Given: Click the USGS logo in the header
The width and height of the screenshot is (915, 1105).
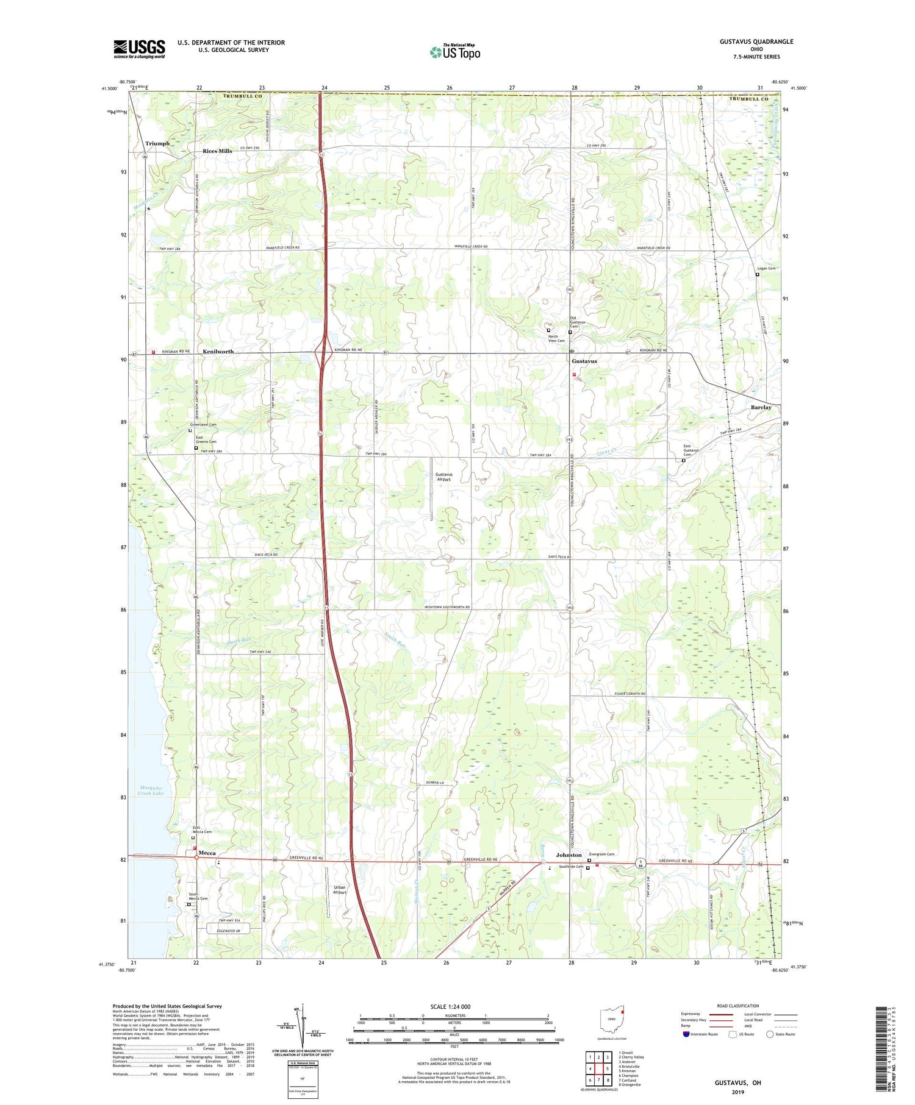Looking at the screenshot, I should point(139,49).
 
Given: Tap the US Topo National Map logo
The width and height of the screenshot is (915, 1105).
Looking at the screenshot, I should point(454,52).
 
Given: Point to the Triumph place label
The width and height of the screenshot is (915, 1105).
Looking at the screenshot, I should point(157,144).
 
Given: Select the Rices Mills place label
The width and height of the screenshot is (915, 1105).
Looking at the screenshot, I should point(217,151).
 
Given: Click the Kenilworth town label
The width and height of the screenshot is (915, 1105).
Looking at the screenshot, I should point(218,352).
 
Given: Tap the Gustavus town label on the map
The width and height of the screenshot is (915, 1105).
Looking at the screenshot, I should point(584,361).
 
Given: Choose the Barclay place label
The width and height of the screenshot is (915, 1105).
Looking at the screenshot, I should point(761,407).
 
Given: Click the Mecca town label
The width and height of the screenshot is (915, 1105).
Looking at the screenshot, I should point(207,853).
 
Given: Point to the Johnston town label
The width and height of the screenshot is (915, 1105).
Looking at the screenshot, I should point(569,855).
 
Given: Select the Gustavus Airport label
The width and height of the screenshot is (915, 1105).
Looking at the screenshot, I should point(443,477).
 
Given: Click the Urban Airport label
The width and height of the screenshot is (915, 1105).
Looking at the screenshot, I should point(339,890).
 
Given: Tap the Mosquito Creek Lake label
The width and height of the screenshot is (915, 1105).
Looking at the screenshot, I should point(150,791).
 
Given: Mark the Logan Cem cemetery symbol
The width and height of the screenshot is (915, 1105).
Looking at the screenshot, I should point(758,275).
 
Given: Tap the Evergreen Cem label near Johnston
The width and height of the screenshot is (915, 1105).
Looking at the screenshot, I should point(601,854).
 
